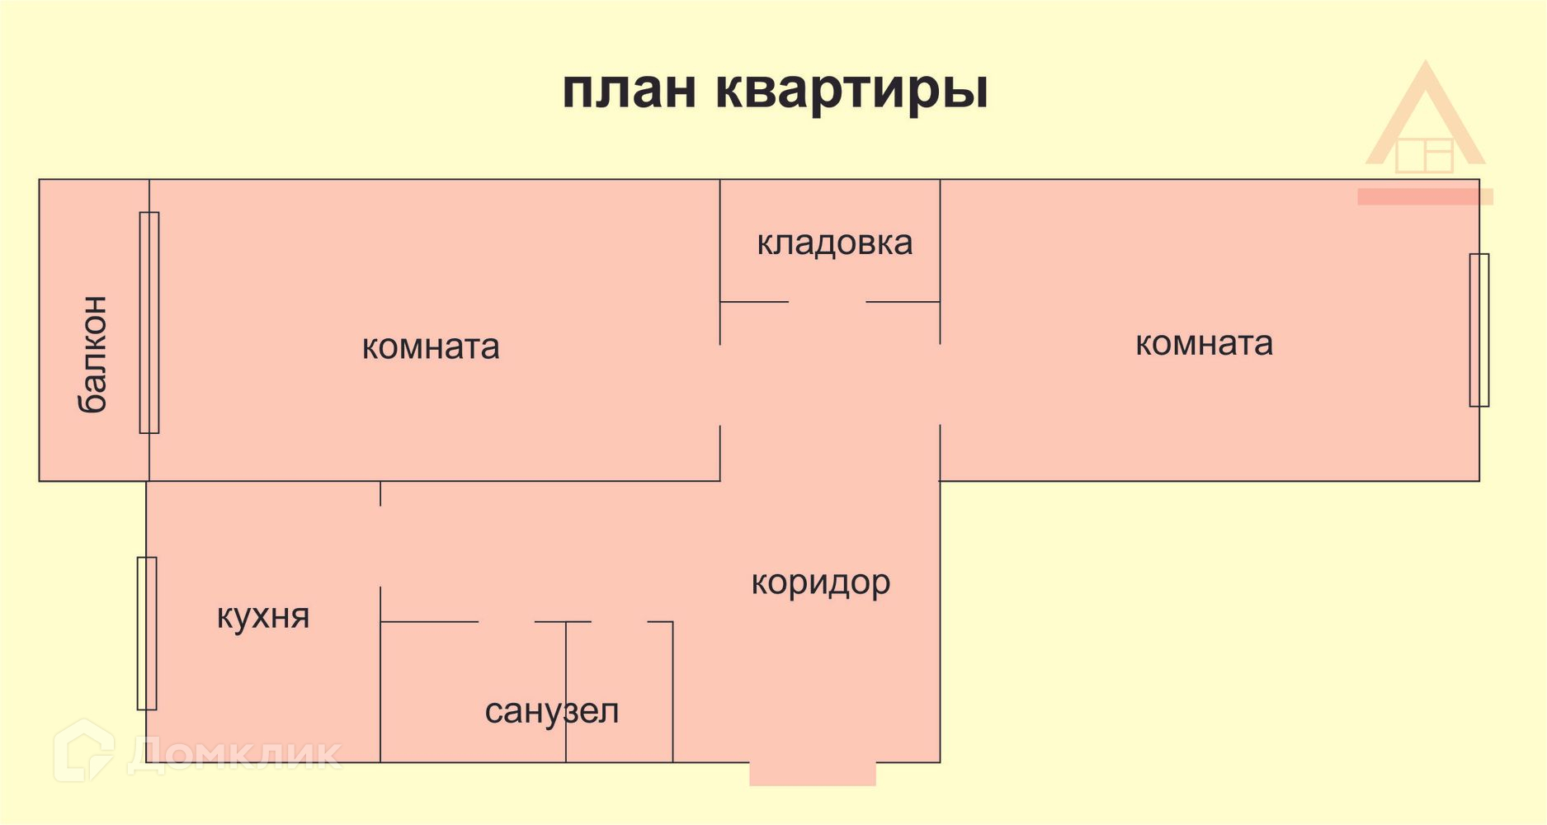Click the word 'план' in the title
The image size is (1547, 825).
point(630,89)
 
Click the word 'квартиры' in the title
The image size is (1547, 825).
point(851,89)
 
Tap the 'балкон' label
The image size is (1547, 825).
point(92,354)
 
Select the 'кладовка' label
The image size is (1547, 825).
point(834,243)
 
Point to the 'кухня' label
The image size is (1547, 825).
point(263,616)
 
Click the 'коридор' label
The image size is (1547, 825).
point(820,582)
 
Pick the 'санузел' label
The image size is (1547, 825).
point(551,710)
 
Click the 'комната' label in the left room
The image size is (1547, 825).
point(431,346)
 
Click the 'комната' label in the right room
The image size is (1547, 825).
point(1204,343)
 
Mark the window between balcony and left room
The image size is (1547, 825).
point(149,323)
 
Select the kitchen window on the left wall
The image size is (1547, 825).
point(147,633)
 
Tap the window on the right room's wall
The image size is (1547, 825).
point(1479,330)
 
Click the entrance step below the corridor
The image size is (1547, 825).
point(813,774)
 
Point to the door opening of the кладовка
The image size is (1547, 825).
point(827,302)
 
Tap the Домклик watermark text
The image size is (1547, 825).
point(234,752)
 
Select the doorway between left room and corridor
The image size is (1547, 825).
point(720,384)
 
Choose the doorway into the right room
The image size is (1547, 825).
point(940,384)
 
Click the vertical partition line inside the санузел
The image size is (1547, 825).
point(566,691)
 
